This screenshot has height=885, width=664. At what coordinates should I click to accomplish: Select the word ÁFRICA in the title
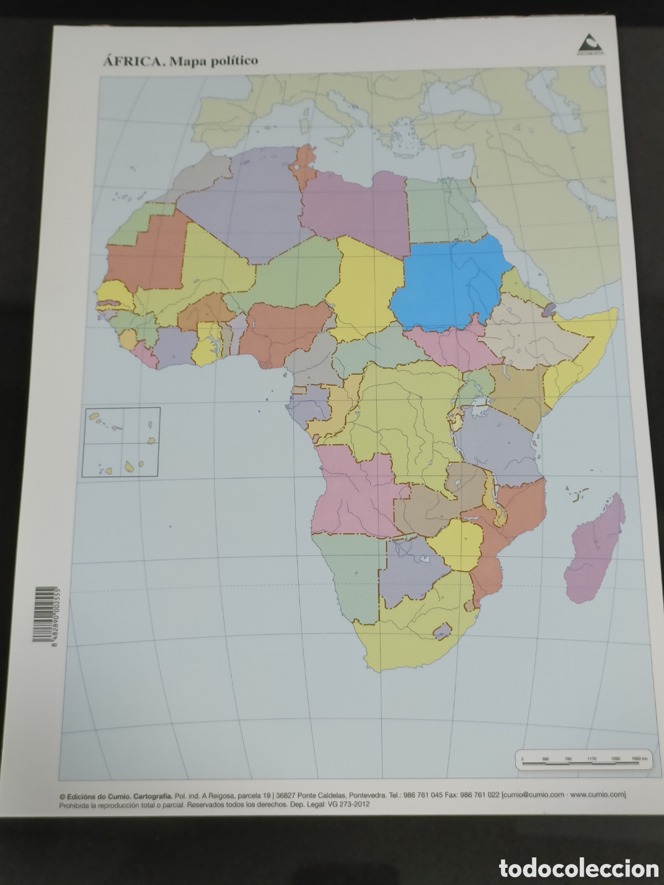133,61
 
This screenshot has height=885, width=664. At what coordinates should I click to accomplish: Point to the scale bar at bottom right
581,759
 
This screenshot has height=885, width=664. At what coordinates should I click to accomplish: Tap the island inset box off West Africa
122,442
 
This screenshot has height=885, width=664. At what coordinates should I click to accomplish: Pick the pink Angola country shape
349,493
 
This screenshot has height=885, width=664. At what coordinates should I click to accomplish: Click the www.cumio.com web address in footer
598,794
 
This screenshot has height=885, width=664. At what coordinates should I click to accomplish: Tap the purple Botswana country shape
412,576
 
